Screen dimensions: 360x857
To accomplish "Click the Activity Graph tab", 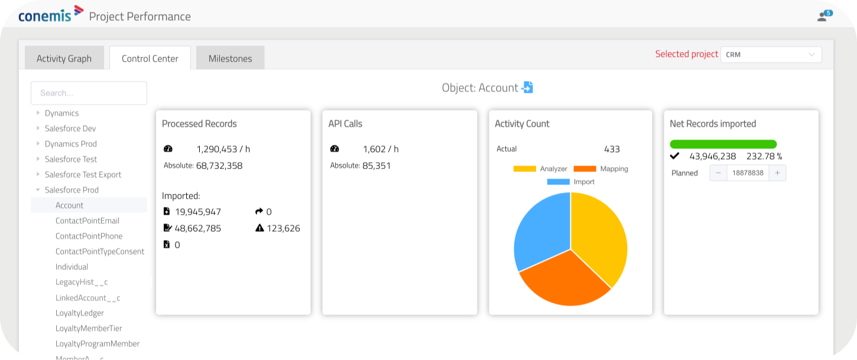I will coord(64,58).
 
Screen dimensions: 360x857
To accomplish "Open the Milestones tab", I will coord(230,58).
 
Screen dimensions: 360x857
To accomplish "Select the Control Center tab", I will coord(150,58).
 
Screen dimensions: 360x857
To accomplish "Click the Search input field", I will coord(89,93).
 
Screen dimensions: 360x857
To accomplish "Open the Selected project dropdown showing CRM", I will coord(771,54).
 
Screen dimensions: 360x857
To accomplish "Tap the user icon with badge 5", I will coord(823,16).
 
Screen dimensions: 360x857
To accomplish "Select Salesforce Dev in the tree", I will coord(70,128).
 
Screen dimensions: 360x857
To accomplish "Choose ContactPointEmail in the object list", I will coord(87,220).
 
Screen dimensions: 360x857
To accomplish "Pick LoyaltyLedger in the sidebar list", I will coord(79,313).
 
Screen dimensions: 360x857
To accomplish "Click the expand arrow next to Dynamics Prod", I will coord(38,144).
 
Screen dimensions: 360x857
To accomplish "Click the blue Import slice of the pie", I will coord(540,231).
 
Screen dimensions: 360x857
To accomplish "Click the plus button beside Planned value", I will coord(777,173).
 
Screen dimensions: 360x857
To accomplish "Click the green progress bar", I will coord(723,144).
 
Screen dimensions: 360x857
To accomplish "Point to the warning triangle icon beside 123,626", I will coord(259,228).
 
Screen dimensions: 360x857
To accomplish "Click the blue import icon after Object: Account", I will coord(527,87).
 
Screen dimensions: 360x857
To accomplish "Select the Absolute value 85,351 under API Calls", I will coord(376,166).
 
